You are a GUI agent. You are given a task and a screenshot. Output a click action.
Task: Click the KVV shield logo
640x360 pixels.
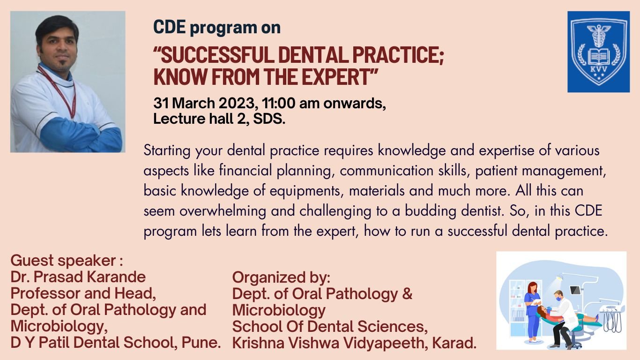598,52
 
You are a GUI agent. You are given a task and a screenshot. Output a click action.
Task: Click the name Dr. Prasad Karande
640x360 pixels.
78,277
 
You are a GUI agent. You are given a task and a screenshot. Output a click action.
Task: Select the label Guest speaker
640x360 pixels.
63,260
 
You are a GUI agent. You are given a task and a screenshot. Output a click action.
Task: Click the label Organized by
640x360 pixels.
281,277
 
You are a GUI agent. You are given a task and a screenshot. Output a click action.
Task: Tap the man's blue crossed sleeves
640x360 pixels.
80,136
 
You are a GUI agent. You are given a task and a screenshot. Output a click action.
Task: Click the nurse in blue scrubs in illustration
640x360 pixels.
532,309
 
